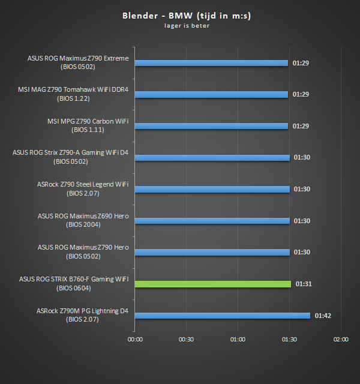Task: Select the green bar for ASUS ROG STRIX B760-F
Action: [x=213, y=284]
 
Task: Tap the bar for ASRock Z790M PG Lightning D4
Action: [x=223, y=315]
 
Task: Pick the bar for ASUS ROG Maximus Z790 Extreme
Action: [x=212, y=62]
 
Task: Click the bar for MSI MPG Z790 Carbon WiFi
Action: [x=212, y=126]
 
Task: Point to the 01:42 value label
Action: [x=322, y=315]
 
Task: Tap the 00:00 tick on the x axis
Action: [x=135, y=339]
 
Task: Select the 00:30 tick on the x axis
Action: [x=187, y=339]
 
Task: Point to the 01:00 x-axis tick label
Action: [x=238, y=339]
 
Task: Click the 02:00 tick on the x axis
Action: [x=341, y=339]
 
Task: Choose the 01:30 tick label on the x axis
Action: [x=289, y=339]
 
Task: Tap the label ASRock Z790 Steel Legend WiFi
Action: [x=82, y=184]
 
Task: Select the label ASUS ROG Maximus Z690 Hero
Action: [x=83, y=216]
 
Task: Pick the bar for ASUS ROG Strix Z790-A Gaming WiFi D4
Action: [x=212, y=157]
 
